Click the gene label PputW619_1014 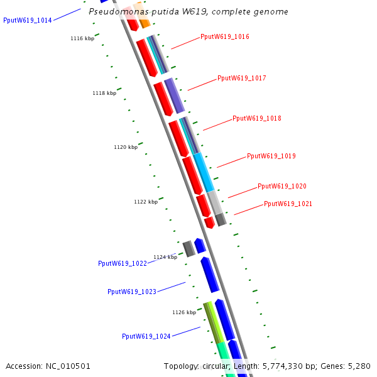[28, 21]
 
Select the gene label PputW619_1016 [225, 37]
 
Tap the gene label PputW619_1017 [242, 79]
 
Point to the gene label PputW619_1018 [257, 119]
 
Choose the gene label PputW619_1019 [271, 156]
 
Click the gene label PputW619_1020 [282, 187]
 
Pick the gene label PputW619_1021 [288, 204]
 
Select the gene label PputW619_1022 [123, 264]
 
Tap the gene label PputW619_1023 [132, 292]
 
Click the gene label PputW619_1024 [146, 337]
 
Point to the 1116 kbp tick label [82, 39]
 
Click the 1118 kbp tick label [104, 94]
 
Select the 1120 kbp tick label [126, 148]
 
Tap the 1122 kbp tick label [146, 202]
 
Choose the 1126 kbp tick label [184, 312]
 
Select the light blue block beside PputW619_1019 [204, 172]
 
